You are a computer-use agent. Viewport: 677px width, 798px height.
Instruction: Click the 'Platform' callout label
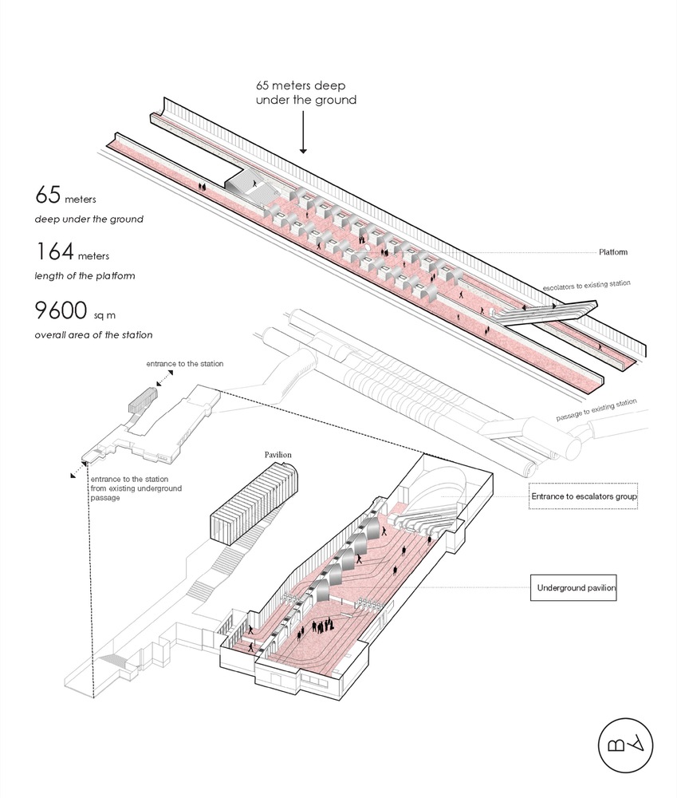click(612, 252)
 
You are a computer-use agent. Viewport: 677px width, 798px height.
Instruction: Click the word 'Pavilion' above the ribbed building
click(278, 455)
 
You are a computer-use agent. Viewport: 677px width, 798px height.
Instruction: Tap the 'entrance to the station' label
click(184, 364)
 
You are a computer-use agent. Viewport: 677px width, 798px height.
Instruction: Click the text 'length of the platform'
click(84, 276)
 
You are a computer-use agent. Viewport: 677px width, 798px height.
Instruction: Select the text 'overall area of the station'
click(92, 334)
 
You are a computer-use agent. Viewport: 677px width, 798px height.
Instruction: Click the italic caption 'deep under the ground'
click(89, 219)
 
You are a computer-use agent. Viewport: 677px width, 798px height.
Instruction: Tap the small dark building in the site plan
click(141, 401)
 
